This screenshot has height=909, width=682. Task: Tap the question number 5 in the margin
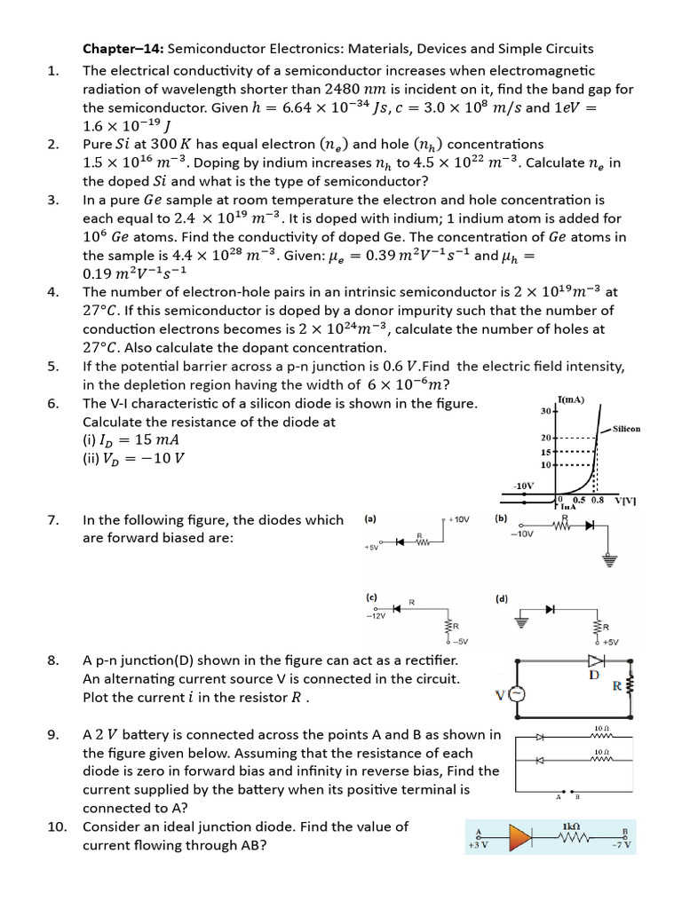tap(53, 366)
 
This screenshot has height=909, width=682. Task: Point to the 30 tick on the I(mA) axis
tap(545, 411)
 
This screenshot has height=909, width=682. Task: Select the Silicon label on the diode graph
tap(626, 429)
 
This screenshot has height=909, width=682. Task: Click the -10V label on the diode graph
tap(524, 486)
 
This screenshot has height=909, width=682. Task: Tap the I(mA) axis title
tap(570, 399)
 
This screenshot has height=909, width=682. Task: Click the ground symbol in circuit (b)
tap(608, 559)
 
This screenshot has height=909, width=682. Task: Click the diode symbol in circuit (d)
tap(551, 609)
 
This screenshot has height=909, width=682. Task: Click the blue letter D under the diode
tap(594, 676)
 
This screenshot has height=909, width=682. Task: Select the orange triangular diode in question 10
tap(521, 837)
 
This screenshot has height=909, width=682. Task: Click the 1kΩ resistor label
tap(571, 826)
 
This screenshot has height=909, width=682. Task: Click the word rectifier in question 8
tap(429, 660)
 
